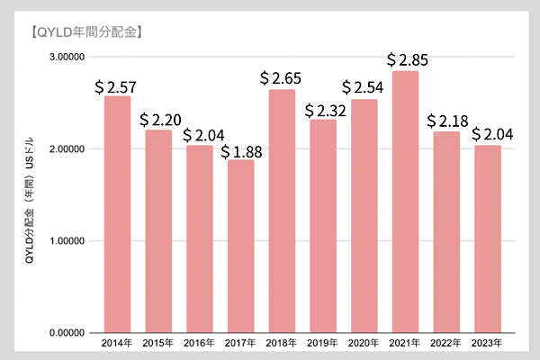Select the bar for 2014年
tap(117, 214)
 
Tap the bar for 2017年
tap(240, 247)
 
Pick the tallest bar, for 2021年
tap(405, 202)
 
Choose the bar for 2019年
tap(323, 226)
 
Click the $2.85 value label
tap(408, 60)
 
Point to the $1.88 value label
tap(241, 152)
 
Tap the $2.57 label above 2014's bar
tap(116, 87)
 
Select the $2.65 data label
tap(281, 78)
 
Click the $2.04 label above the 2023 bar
tap(492, 134)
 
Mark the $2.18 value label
tap(447, 121)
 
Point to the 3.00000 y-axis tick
tap(67, 57)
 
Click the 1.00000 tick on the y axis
tap(67, 241)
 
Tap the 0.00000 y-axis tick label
tap(67, 333)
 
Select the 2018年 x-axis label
tap(282, 343)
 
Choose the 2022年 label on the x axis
tap(445, 343)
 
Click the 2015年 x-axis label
tap(158, 343)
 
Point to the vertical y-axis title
tap(30, 201)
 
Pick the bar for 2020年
tap(364, 216)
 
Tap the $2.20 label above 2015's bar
tap(160, 120)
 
